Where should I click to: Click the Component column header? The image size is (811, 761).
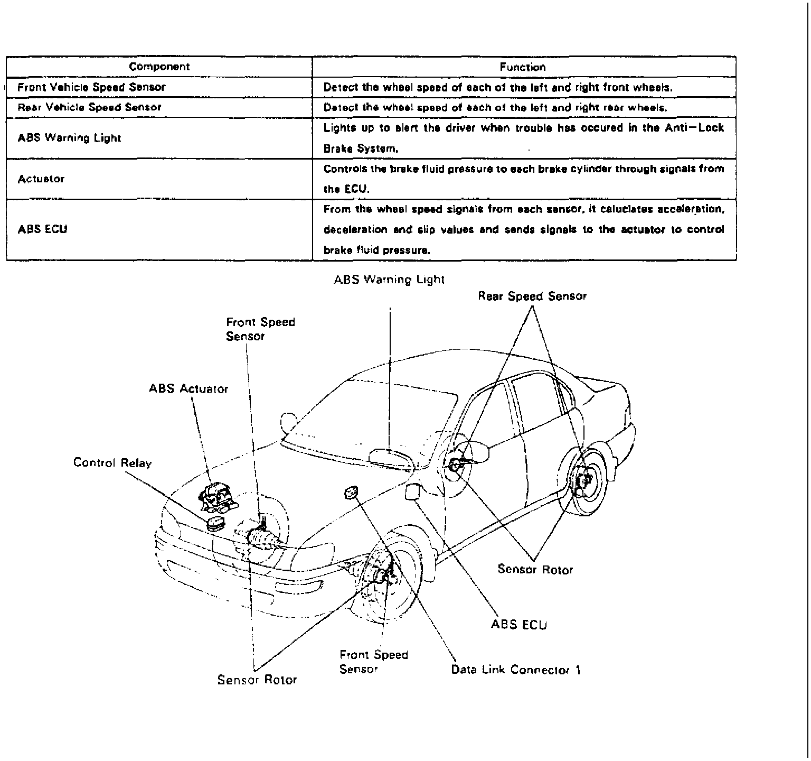point(159,67)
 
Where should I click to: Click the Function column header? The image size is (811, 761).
point(522,67)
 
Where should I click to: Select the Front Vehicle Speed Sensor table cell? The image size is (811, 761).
point(91,87)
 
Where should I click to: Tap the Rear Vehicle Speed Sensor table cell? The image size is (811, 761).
point(89,107)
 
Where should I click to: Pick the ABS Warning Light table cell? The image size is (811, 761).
point(69,138)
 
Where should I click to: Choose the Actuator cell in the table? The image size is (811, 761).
point(41,179)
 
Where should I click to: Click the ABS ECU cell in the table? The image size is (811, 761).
point(42,229)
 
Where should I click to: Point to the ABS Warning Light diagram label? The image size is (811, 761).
point(389,280)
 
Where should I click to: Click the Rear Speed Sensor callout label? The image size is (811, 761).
point(532,296)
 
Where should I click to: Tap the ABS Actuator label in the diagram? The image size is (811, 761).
point(188,389)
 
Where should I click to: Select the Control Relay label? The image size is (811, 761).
point(112,463)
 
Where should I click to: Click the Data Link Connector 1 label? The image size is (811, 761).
point(515,670)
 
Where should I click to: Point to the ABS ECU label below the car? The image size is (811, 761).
point(518,625)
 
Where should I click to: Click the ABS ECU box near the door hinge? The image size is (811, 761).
point(412,491)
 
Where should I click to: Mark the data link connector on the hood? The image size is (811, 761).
point(351,493)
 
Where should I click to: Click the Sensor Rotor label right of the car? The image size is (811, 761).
point(535,569)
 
